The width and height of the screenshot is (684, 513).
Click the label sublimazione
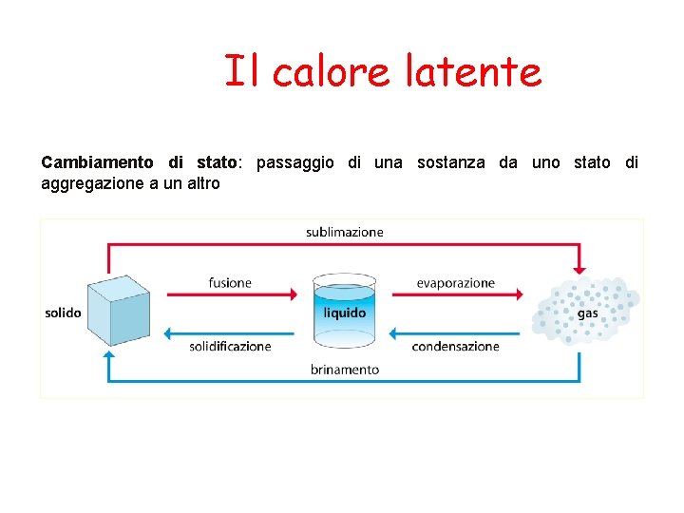pos(344,232)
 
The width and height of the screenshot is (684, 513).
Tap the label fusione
pos(230,282)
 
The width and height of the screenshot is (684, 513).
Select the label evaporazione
pos(455,282)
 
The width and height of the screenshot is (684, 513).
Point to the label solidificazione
pos(230,347)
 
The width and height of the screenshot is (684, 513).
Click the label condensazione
pos(455,347)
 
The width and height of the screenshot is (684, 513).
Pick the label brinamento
pos(344,370)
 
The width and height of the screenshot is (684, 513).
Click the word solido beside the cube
pos(63,313)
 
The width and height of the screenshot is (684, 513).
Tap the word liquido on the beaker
pos(344,313)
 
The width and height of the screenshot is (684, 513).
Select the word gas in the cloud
pos(587,313)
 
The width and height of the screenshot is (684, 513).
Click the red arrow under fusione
pos(233,295)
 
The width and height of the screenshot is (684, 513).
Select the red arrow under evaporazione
pos(457,295)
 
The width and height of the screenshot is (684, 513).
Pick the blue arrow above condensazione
pos(457,333)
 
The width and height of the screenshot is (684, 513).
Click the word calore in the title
pos(331,71)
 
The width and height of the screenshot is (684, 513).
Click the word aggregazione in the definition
pos(92,183)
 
